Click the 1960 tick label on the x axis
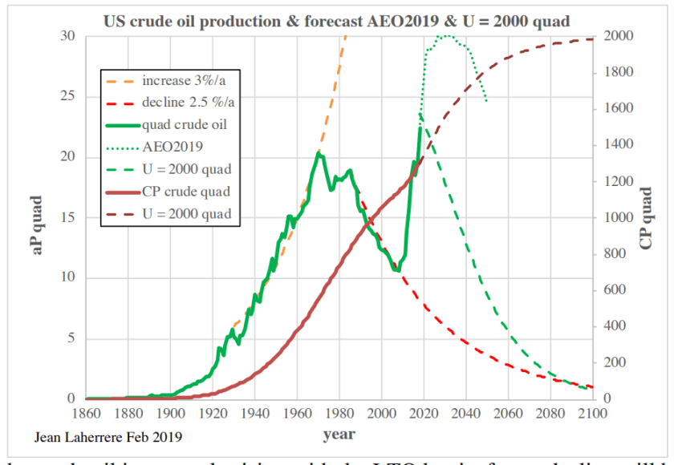point(297,414)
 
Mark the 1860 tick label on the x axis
point(86,414)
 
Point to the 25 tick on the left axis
point(68,97)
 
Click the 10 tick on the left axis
point(68,278)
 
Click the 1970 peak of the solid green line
point(319,153)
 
